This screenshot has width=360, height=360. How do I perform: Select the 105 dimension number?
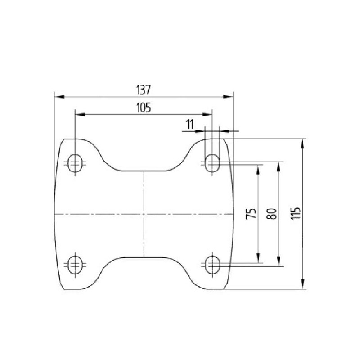click(x=144, y=108)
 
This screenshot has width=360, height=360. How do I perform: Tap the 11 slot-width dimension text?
click(x=190, y=125)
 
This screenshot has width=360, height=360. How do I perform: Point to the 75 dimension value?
click(x=251, y=213)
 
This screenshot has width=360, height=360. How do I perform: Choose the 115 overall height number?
click(x=296, y=213)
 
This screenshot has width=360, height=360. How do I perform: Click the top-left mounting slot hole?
click(x=75, y=163)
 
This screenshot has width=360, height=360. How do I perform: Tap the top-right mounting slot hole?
click(x=212, y=163)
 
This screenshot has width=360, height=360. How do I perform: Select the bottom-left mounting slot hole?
click(x=75, y=265)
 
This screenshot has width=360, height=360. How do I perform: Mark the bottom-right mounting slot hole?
click(x=212, y=265)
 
